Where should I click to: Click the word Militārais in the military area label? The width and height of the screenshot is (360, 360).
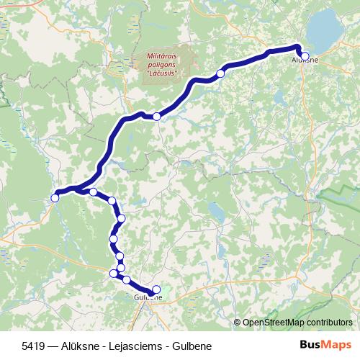point(161,55)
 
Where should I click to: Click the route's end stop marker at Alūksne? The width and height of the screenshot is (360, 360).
point(305,55)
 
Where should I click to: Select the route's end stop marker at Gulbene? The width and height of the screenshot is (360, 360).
point(156,290)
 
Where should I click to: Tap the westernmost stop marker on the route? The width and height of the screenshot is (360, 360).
point(55,197)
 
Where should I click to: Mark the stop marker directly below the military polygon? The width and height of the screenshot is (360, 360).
point(156,116)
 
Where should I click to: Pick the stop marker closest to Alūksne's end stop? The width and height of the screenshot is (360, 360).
point(220,73)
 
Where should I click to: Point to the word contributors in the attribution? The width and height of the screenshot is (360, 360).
point(328,323)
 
